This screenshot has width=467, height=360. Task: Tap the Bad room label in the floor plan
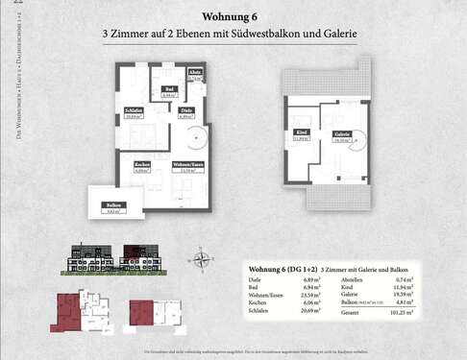tap(167, 89)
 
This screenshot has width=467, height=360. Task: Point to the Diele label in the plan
tap(186, 111)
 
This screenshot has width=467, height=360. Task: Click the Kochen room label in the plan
tap(141, 165)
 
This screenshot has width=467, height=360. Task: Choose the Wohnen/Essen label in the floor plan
tap(187, 165)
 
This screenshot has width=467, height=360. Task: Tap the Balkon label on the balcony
tap(113, 205)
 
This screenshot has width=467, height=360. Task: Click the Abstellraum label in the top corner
tap(195, 73)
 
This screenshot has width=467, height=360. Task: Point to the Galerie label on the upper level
tap(340, 133)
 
